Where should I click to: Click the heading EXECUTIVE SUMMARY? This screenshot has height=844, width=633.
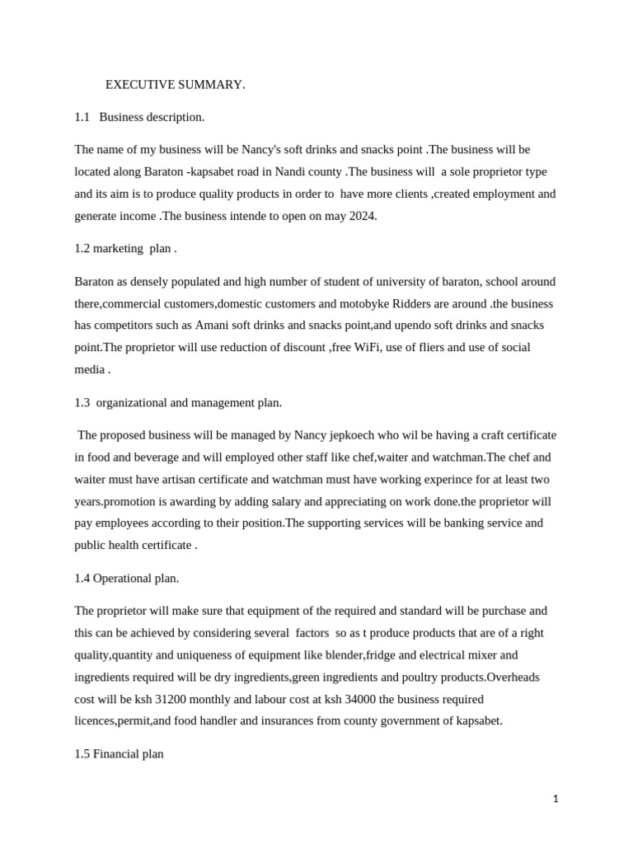click(x=175, y=84)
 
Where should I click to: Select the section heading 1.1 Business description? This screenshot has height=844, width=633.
click(x=139, y=117)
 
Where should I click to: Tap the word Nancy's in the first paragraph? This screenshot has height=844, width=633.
click(x=263, y=150)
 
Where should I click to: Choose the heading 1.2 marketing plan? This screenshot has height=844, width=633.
click(x=125, y=248)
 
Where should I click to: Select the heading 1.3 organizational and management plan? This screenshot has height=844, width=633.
click(x=178, y=402)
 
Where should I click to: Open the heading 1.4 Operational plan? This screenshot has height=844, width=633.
click(x=126, y=578)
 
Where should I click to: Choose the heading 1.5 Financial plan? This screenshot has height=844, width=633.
click(x=119, y=753)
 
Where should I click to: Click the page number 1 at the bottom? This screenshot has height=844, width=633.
click(x=556, y=798)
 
